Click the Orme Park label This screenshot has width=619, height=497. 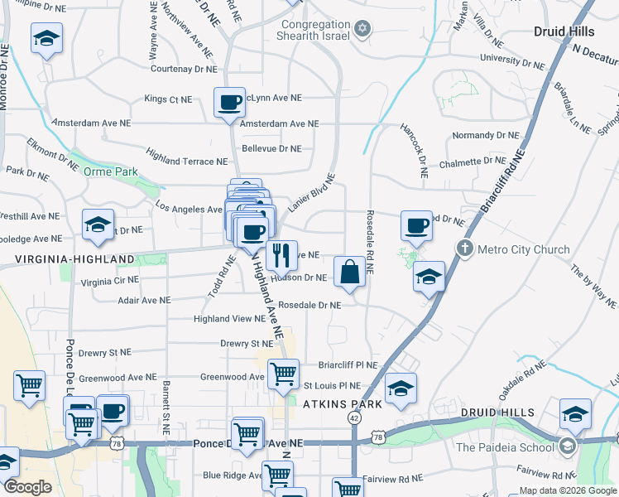pos(110,171)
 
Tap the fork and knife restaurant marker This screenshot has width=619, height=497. pos(281,255)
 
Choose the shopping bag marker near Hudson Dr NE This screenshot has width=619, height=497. pos(349,271)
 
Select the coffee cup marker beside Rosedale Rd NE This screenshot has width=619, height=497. pos(416,224)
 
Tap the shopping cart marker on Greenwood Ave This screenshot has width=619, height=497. pos(284,374)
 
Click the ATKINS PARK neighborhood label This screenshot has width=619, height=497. pos(343,404)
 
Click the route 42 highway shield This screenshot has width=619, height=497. pos(354,419)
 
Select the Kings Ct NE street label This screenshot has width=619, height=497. pos(168,99)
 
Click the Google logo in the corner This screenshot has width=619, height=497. pos(28,487)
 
